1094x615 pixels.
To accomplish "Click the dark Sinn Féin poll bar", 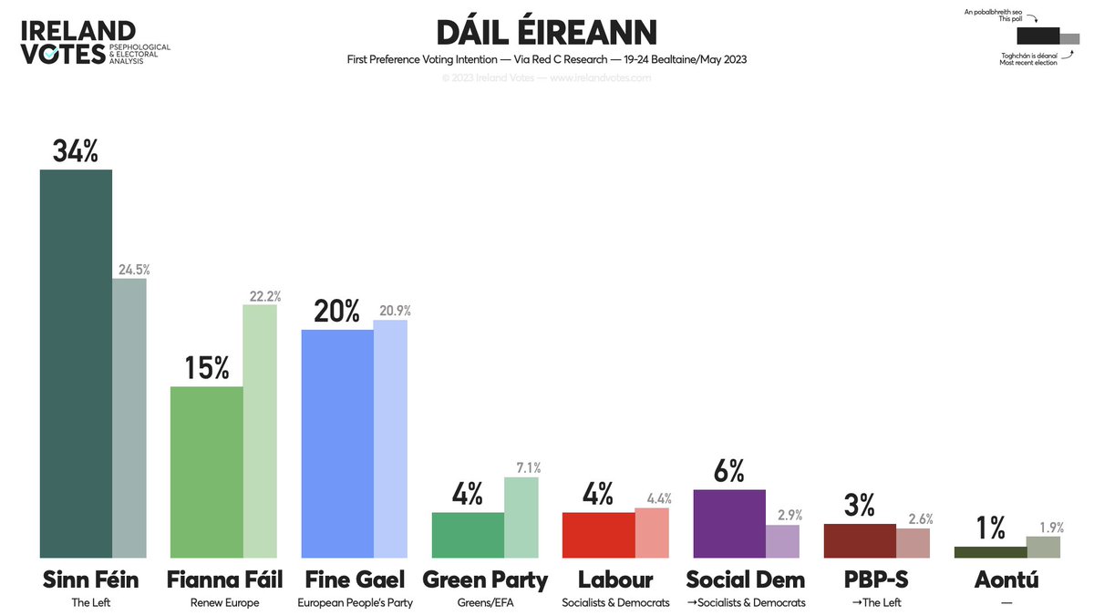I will click(x=76, y=364).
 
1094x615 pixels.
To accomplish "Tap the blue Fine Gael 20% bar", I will click(x=337, y=443).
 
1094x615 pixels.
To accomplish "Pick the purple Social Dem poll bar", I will click(x=728, y=523).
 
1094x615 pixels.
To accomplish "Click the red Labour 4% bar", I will click(x=598, y=535).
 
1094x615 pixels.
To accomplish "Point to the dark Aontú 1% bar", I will click(x=990, y=552).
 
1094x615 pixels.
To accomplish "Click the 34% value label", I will click(x=75, y=151).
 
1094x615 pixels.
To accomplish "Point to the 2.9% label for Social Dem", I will click(x=782, y=516).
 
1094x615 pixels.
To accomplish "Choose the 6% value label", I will click(x=728, y=471).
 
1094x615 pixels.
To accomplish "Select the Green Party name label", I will click(x=485, y=579).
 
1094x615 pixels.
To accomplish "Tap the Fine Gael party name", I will click(x=355, y=579).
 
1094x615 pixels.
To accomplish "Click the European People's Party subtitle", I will click(x=355, y=602).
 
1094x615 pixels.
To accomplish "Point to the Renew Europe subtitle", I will click(x=224, y=602).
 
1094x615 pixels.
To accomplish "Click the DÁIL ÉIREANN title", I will click(x=546, y=33).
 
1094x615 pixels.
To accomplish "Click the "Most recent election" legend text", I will click(x=1029, y=63).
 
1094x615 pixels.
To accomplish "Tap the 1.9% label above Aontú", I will click(x=1051, y=527).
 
